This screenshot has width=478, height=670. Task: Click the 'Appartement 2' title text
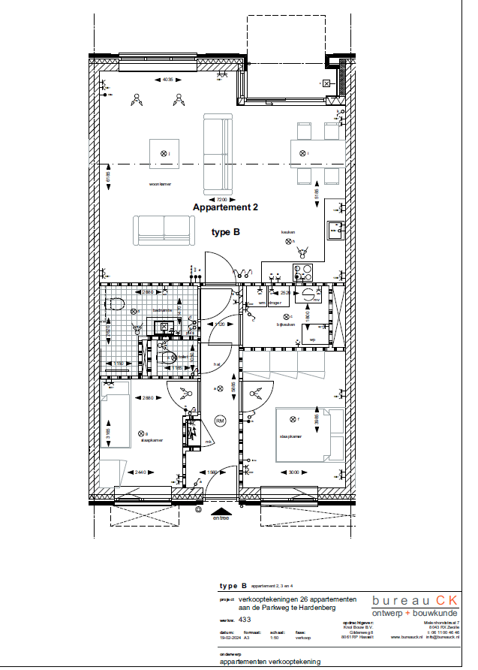[225, 207]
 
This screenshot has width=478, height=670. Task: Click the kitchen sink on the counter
[335, 229]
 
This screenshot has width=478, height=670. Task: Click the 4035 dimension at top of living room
[168, 80]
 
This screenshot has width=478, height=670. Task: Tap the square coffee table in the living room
[164, 155]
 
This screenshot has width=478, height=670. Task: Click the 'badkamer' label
[163, 310]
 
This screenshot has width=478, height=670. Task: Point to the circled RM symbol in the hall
[220, 421]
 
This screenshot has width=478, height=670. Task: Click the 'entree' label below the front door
[221, 518]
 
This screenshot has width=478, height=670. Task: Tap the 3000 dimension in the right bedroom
[293, 472]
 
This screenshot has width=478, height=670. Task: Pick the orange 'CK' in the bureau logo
[447, 599]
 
